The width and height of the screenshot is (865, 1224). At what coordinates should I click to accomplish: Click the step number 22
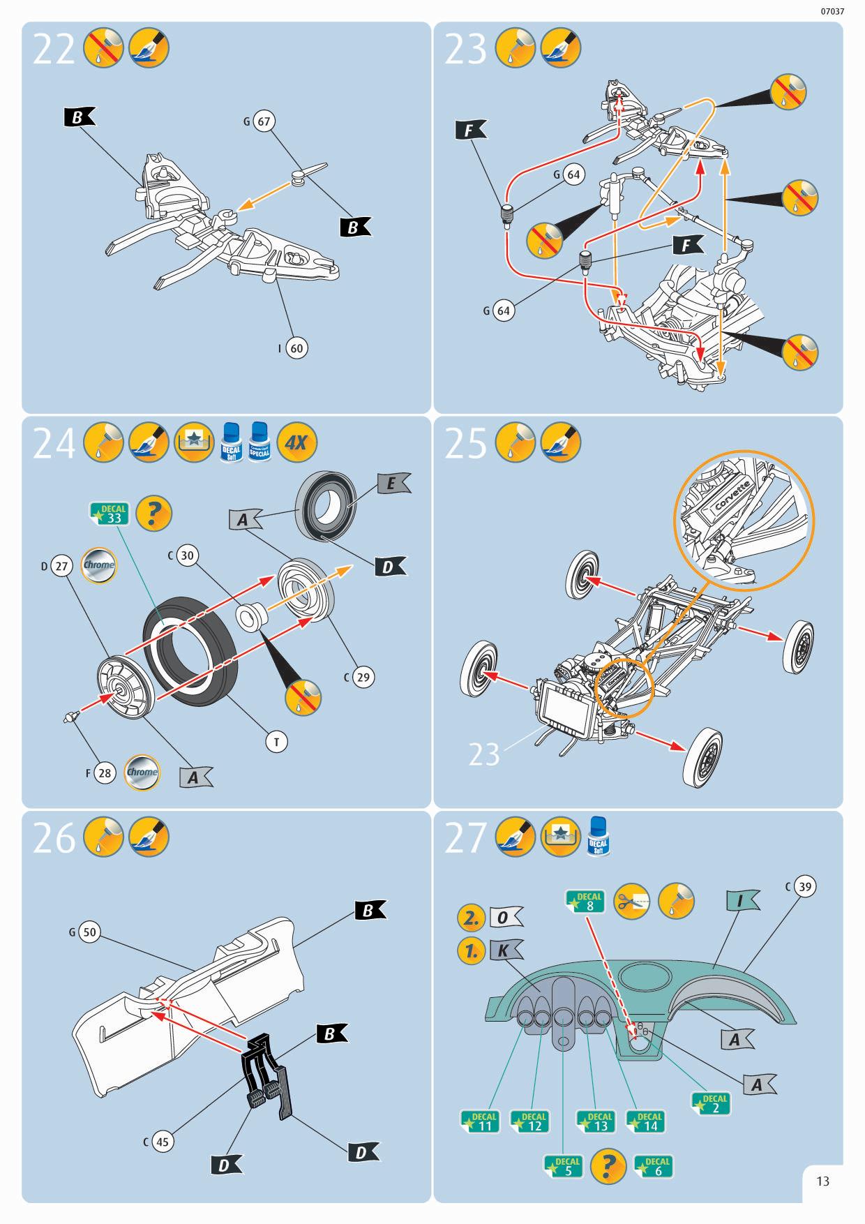click(x=53, y=50)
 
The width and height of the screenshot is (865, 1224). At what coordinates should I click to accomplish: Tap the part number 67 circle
click(x=263, y=121)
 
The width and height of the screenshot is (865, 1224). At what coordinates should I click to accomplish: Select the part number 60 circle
click(x=297, y=348)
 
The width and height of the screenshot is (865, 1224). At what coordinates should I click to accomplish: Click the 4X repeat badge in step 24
click(x=296, y=443)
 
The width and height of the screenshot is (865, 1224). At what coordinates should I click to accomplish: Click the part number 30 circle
click(x=186, y=555)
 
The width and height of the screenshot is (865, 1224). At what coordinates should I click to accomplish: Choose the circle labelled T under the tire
click(x=276, y=742)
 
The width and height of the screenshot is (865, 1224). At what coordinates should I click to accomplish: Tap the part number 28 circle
click(x=104, y=773)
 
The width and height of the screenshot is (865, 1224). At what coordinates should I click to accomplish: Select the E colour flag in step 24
click(x=392, y=484)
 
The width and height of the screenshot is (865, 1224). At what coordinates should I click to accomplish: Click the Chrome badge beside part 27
click(x=98, y=565)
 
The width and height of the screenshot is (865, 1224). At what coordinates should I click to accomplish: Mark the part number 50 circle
click(x=89, y=932)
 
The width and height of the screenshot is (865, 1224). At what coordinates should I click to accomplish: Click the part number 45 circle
click(x=162, y=1142)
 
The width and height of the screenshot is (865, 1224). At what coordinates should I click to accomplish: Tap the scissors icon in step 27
click(x=631, y=902)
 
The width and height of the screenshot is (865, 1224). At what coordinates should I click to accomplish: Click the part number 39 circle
click(x=805, y=887)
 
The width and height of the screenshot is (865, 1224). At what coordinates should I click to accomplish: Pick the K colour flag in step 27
click(x=504, y=950)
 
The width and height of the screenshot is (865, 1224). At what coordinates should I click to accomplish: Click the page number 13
click(x=823, y=1181)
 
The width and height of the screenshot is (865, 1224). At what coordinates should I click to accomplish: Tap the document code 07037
click(x=832, y=12)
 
